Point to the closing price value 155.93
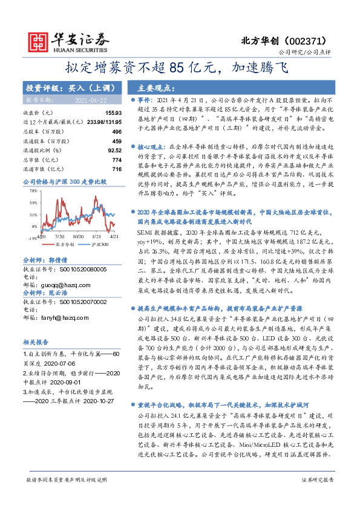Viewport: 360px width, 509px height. [x=114, y=113]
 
